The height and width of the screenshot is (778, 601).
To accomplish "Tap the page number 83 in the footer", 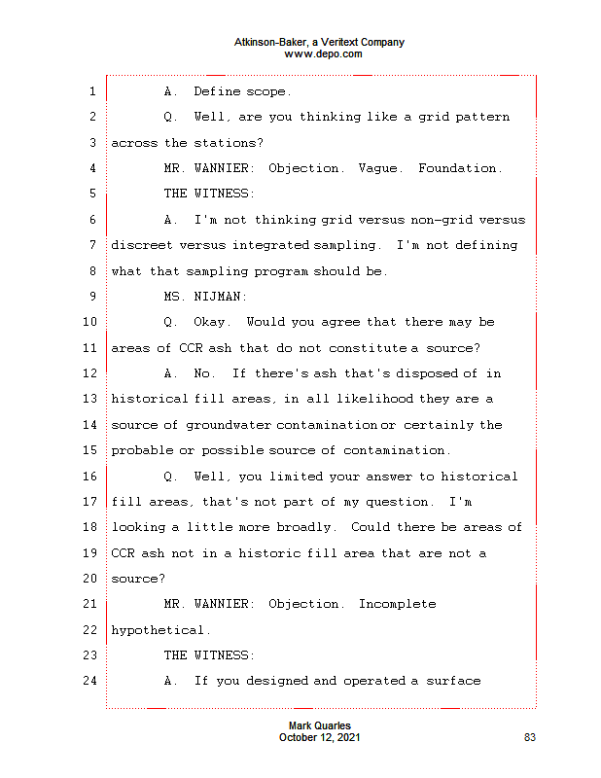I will pos(530,738).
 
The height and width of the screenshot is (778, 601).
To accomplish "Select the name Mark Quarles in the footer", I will pos(320,726).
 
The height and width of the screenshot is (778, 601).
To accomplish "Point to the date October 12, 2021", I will pos(320,738).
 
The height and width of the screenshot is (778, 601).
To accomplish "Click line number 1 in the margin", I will pos(91,91).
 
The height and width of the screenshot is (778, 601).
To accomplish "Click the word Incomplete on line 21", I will pos(398,604).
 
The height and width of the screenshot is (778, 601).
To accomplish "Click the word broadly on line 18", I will pos(309,527).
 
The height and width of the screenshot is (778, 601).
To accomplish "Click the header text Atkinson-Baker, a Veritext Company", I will pos(319,43).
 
